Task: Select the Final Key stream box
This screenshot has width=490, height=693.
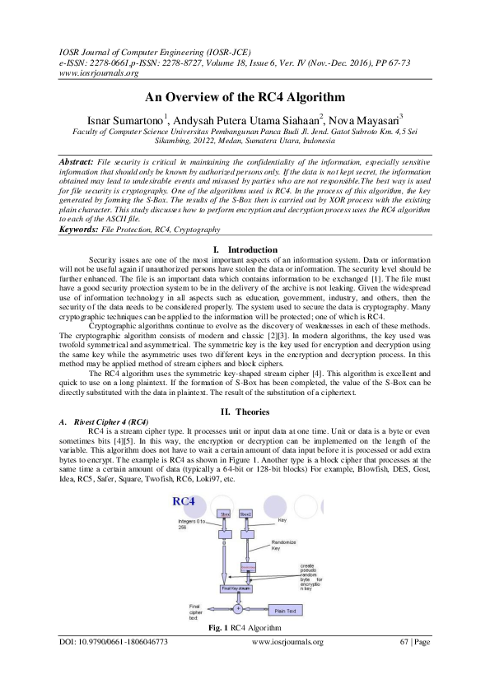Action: click(x=236, y=588)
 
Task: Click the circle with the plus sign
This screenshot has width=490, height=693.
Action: click(x=237, y=610)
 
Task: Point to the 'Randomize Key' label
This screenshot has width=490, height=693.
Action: click(x=284, y=546)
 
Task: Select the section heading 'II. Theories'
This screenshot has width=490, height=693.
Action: click(x=245, y=410)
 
